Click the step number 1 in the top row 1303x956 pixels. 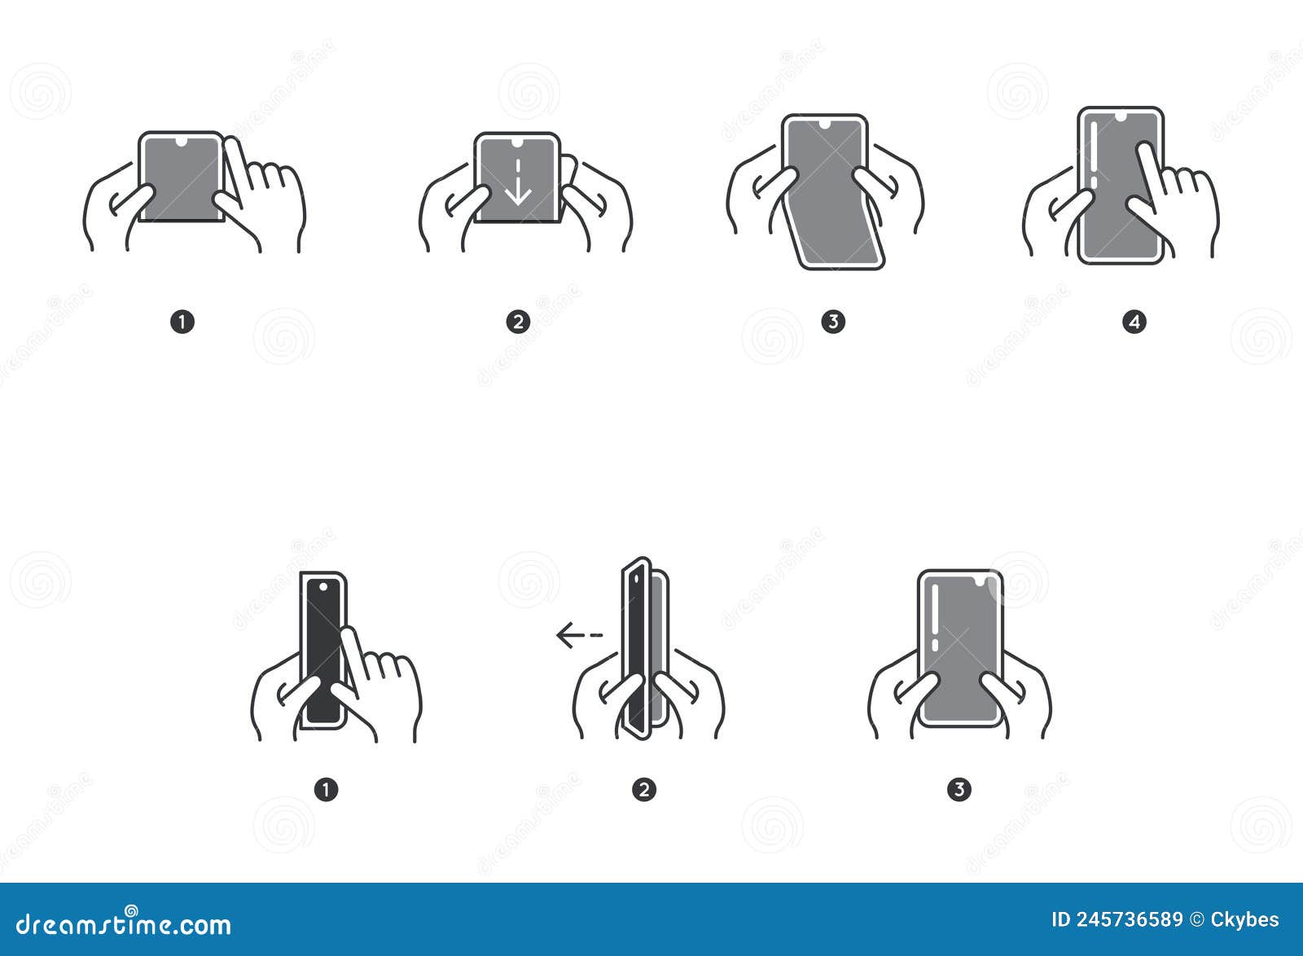coord(182,322)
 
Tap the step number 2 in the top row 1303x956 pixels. coord(518,322)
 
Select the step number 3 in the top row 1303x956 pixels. coord(832,322)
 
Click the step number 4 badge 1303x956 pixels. coord(1134,322)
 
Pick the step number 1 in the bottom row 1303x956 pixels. coord(326,789)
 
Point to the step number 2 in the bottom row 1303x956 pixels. coord(643,789)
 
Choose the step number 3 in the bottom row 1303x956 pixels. coord(959,789)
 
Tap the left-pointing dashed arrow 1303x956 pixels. coord(579,634)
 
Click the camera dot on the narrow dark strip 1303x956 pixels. coord(323,586)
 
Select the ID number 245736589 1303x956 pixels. coord(1129,920)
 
